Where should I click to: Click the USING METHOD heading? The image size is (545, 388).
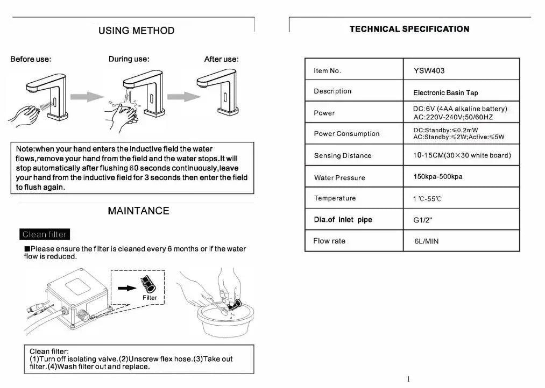coord(136,31)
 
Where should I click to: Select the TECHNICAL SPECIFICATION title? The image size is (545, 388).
coord(409,29)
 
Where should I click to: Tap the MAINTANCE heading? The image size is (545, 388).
coord(138,211)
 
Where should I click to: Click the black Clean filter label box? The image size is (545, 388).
coord(45,234)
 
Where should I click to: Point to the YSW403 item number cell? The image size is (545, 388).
coord(429,70)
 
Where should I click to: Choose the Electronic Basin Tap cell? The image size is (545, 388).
coord(438,93)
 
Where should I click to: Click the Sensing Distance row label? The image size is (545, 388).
coord(343,156)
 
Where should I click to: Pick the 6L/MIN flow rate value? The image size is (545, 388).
coord(426,241)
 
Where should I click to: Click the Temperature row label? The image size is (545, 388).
coord(335,198)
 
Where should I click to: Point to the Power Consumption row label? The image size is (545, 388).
coord(346,134)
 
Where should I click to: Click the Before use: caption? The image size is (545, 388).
coord(31,59)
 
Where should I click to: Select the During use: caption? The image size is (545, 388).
coord(129,59)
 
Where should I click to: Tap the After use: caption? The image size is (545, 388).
coord(221,59)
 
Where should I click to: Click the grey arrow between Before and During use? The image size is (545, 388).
coord(87,97)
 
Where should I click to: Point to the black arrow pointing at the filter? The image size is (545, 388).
coord(127,288)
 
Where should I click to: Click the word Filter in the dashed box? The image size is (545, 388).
coord(150,298)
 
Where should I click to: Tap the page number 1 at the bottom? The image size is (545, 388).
coord(408,379)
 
